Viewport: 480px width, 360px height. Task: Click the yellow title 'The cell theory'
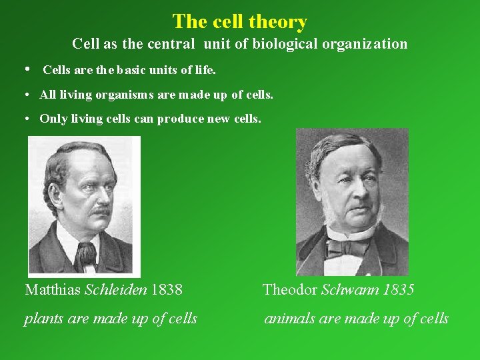tap(239, 21)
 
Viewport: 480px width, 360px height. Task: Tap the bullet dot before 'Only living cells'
tap(25, 119)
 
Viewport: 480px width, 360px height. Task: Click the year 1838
tap(167, 290)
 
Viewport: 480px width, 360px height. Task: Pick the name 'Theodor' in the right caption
tap(290, 290)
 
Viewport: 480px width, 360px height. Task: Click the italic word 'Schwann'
tap(349, 290)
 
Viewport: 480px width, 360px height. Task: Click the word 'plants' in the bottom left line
tap(44, 319)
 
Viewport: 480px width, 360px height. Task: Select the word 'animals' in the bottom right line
tap(290, 319)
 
